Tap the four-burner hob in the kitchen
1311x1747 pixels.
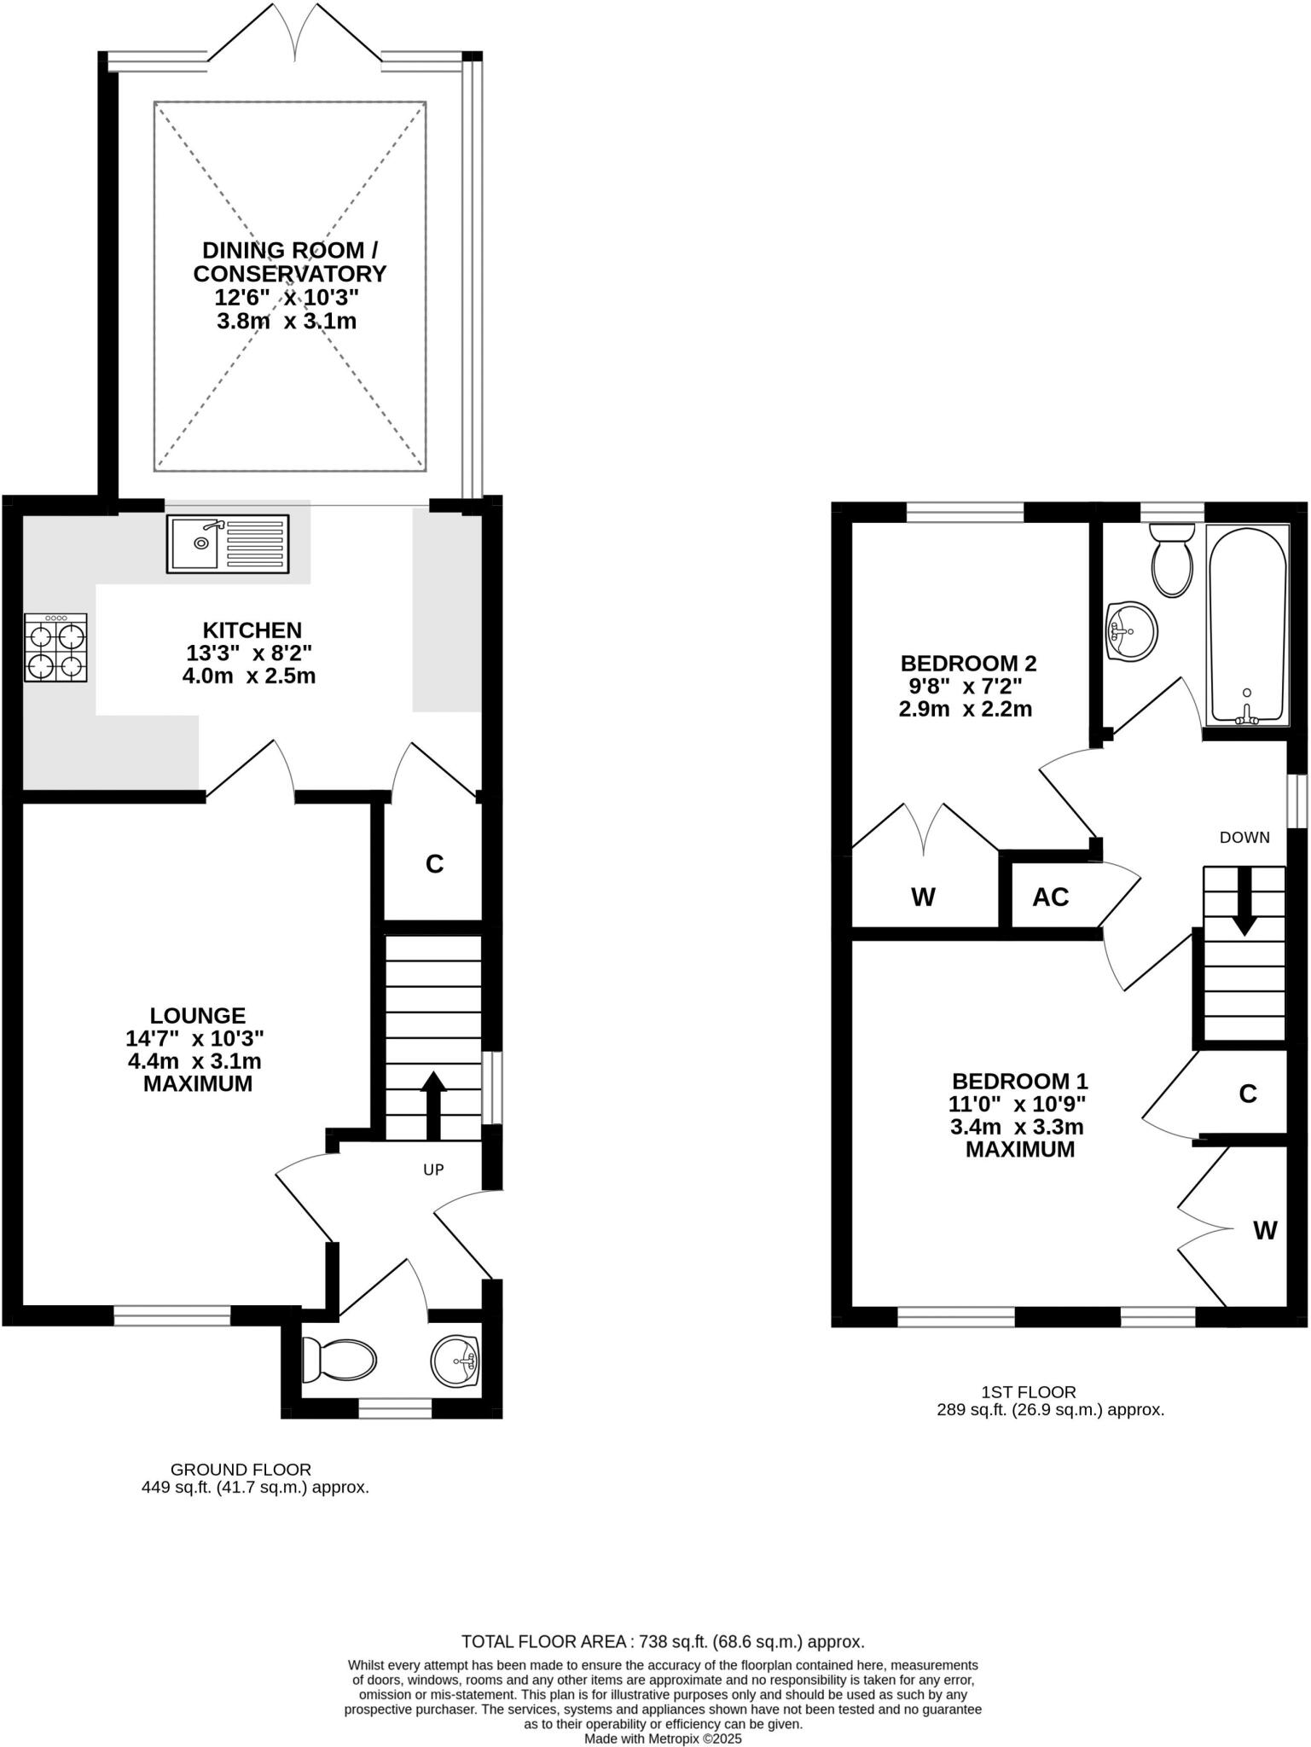[55, 647]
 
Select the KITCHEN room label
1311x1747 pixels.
[252, 630]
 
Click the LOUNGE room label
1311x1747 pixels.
[198, 1015]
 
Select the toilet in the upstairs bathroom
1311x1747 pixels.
[1172, 560]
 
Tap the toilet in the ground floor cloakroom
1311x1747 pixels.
[339, 1361]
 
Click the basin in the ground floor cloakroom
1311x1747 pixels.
[456, 1361]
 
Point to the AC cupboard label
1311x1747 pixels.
[1050, 897]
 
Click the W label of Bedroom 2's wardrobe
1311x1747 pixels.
[923, 897]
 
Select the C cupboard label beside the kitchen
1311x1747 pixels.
[434, 864]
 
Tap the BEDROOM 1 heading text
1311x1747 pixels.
[1020, 1081]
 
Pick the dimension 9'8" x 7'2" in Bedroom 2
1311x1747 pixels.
[966, 686]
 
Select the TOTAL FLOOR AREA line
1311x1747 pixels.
[663, 1641]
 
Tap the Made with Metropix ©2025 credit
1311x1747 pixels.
[663, 1738]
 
